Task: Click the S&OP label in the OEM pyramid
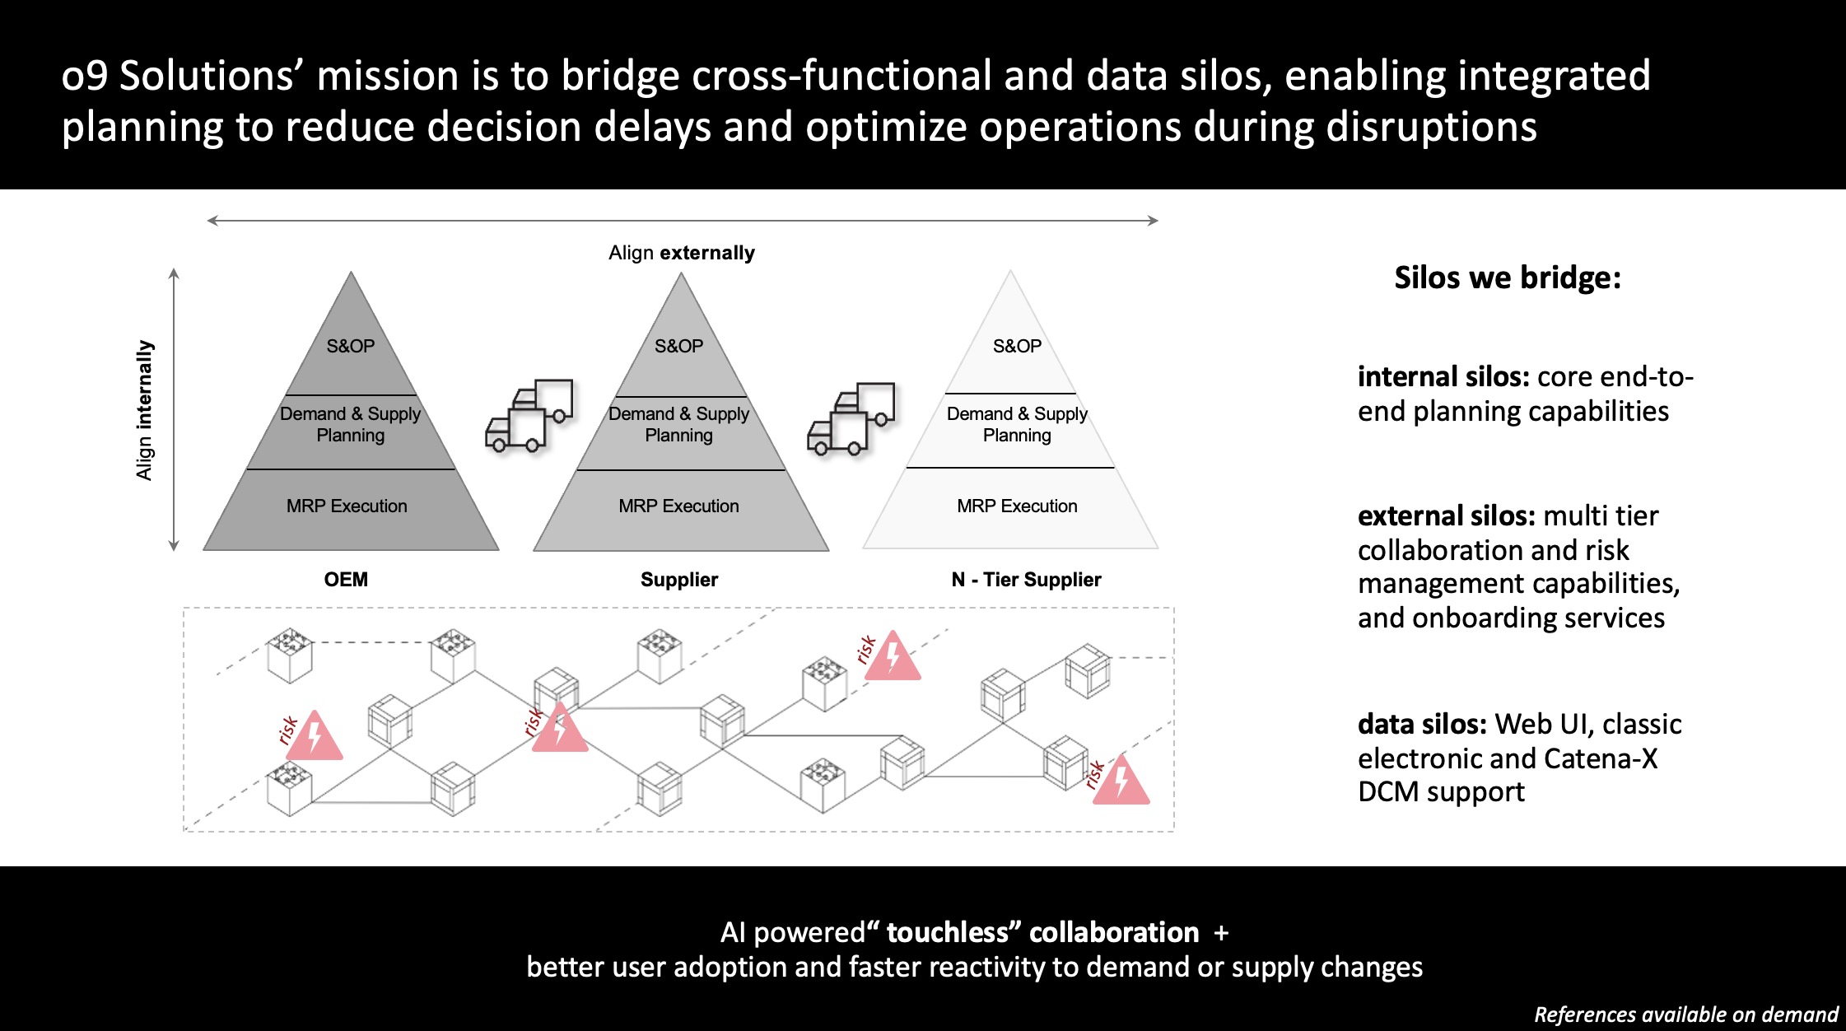tap(350, 346)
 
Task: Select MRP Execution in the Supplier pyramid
tap(678, 506)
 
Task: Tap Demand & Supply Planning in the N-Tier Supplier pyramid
tap(1017, 424)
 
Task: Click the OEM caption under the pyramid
tap(346, 580)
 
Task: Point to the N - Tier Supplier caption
tap(1026, 580)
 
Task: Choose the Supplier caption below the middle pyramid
tap(679, 580)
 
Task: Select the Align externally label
tap(682, 253)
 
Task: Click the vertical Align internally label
tap(145, 410)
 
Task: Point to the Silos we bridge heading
tap(1508, 278)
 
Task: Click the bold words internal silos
tap(1443, 376)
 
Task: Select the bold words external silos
tap(1447, 515)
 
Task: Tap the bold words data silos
tap(1422, 724)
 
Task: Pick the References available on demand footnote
tap(1685, 1015)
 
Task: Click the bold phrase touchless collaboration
tap(1042, 932)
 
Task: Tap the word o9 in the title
tap(85, 76)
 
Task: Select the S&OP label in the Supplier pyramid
tap(678, 346)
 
